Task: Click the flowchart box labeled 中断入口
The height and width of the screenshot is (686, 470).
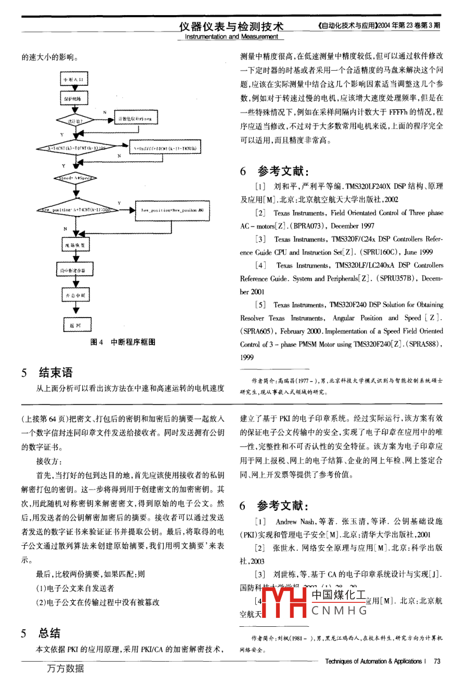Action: tap(74, 80)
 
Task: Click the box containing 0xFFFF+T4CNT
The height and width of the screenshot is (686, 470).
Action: tap(165, 148)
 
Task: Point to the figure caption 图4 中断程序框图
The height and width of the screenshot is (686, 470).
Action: tap(123, 342)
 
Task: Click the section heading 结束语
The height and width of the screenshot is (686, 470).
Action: tap(56, 373)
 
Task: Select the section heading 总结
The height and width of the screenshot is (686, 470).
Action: tap(49, 633)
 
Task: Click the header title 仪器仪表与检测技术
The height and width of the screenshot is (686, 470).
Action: tap(232, 27)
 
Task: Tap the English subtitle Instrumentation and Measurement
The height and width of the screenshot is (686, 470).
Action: tap(232, 37)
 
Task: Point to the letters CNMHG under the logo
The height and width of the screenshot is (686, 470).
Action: tap(339, 611)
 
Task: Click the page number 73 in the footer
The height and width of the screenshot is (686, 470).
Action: tap(437, 661)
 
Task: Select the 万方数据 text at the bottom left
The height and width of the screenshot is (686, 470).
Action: tap(66, 668)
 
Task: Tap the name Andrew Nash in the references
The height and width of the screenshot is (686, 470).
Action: tap(295, 521)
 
